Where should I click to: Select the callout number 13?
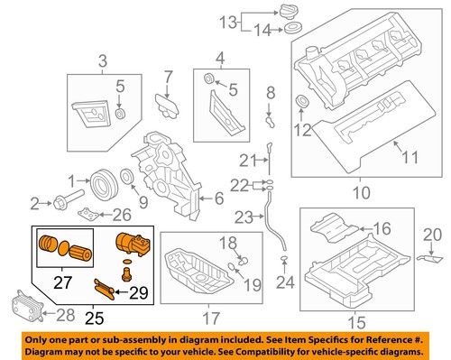[x=229, y=21]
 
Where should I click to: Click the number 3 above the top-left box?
[x=102, y=61]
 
